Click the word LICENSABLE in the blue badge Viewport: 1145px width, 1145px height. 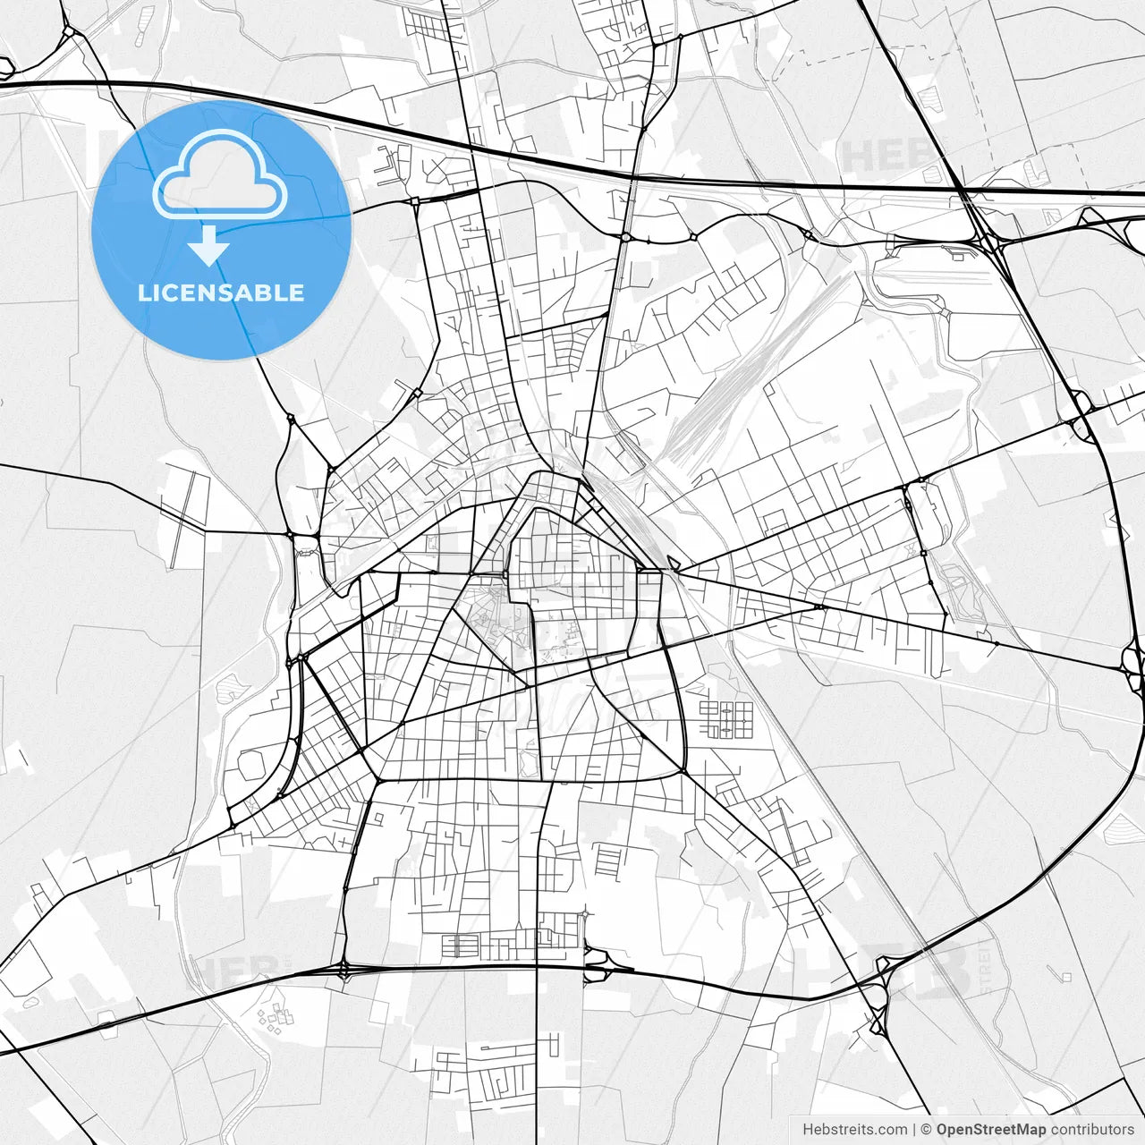tap(221, 293)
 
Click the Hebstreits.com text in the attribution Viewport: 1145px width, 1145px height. tap(854, 1130)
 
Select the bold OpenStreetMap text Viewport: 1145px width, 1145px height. tap(991, 1130)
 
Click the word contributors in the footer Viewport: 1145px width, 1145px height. tap(1092, 1130)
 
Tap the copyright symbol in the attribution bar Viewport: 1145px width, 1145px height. tap(927, 1130)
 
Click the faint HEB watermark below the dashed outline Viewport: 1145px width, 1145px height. tap(886, 155)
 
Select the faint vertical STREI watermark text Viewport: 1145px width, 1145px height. tap(987, 967)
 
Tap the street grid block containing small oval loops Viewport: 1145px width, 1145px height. tap(725, 719)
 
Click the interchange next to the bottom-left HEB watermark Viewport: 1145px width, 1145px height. tap(344, 969)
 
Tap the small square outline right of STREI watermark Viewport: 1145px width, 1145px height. tap(1065, 976)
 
